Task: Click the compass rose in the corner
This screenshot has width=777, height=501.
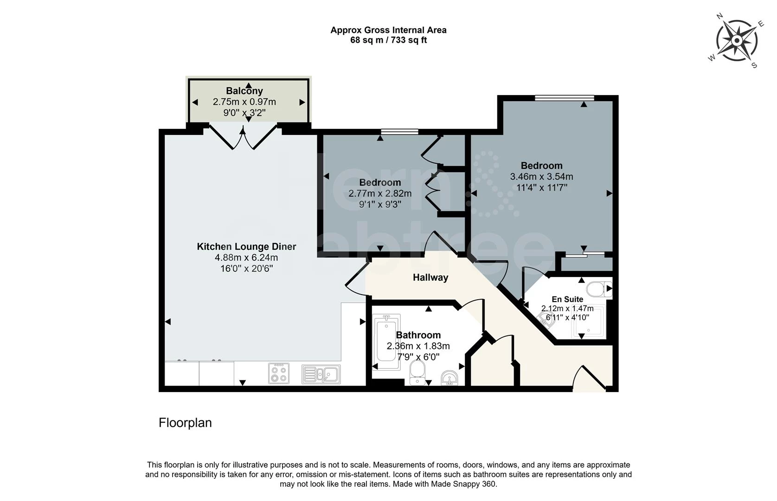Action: pyautogui.click(x=737, y=41)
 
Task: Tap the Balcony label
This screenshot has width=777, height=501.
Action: pyautogui.click(x=244, y=91)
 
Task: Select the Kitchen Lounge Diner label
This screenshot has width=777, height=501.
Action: pyautogui.click(x=246, y=247)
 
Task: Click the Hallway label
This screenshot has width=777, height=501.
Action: pyautogui.click(x=430, y=277)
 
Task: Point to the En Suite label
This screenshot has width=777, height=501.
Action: pyautogui.click(x=567, y=299)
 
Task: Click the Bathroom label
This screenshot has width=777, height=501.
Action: pyautogui.click(x=418, y=335)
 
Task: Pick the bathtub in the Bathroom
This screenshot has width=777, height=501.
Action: pyautogui.click(x=387, y=342)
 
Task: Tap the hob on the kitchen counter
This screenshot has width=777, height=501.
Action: pyautogui.click(x=279, y=373)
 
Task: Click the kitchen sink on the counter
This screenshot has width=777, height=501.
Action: pyautogui.click(x=321, y=374)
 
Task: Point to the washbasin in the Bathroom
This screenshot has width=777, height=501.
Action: pyautogui.click(x=449, y=378)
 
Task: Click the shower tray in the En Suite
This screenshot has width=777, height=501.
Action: pyautogui.click(x=589, y=321)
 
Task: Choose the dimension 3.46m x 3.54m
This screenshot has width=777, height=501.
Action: pyautogui.click(x=541, y=177)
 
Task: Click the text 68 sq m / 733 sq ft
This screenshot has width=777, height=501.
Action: pyautogui.click(x=388, y=40)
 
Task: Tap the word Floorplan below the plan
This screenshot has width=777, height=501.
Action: pyautogui.click(x=185, y=423)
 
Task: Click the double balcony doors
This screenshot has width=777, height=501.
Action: pyautogui.click(x=243, y=137)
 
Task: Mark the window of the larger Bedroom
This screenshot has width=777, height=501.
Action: pyautogui.click(x=564, y=97)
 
